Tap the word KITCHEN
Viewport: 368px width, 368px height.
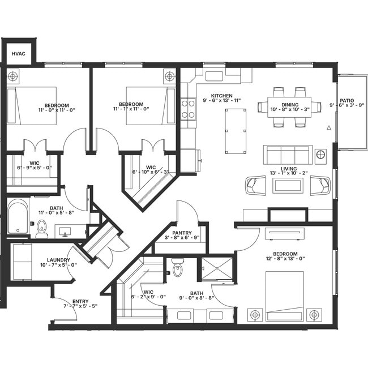point(222,95)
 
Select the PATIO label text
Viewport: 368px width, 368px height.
point(346,101)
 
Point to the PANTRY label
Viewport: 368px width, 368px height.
point(182,233)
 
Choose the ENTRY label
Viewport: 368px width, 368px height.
point(80,301)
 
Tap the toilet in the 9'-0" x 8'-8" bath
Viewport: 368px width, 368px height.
point(178,268)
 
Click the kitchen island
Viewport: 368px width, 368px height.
point(236,131)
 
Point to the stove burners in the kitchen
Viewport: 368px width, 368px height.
point(188,109)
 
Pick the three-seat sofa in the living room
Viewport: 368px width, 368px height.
point(288,154)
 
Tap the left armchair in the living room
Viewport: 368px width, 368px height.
point(255,184)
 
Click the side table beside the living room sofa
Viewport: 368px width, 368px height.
point(321,154)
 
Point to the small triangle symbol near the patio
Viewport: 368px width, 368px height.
point(329,128)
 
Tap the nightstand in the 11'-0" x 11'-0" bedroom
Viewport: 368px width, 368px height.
point(14,76)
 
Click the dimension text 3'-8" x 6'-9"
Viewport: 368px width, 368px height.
point(182,238)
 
